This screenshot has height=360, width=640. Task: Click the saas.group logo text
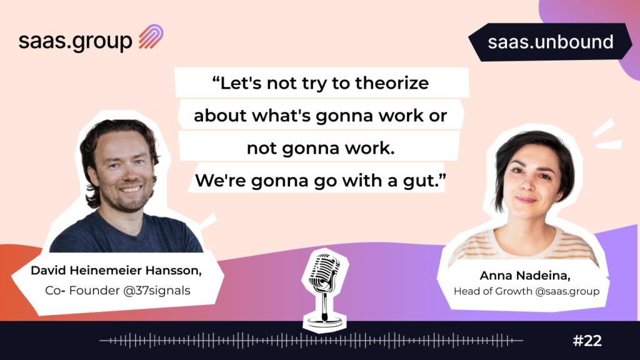pyautogui.click(x=76, y=41)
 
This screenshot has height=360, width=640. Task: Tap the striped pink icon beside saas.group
pyautogui.click(x=151, y=37)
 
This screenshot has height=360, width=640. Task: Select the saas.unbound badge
pyautogui.click(x=550, y=42)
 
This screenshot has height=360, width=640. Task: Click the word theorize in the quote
pyautogui.click(x=392, y=83)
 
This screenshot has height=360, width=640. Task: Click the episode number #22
pyautogui.click(x=587, y=341)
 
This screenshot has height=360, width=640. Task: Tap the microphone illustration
pyautogui.click(x=325, y=290)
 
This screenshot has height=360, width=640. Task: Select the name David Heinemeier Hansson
pyautogui.click(x=116, y=271)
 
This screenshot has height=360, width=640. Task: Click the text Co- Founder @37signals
pyautogui.click(x=117, y=290)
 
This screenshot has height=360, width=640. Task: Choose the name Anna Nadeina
pyautogui.click(x=525, y=276)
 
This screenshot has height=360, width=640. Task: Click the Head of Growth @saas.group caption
pyautogui.click(x=526, y=291)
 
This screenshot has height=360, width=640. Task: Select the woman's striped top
pyautogui.click(x=524, y=244)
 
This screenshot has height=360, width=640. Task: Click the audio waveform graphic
pyautogui.click(x=311, y=340)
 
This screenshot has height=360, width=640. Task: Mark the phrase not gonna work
pyautogui.click(x=321, y=148)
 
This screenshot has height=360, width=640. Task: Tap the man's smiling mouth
pyautogui.click(x=130, y=189)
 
